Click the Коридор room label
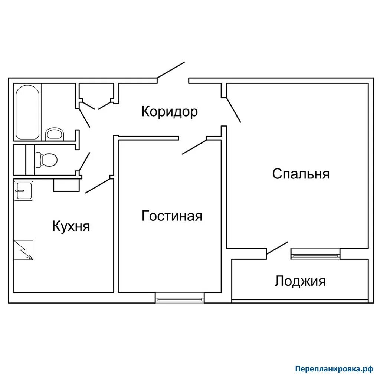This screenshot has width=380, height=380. pyautogui.click(x=169, y=112)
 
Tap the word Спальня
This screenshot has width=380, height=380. pyautogui.click(x=301, y=174)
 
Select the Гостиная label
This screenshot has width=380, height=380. pyautogui.click(x=172, y=216)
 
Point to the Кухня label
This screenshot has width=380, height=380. pyautogui.click(x=71, y=226)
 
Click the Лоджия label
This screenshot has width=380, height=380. pyautogui.click(x=300, y=281)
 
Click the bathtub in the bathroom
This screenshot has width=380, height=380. pyautogui.click(x=28, y=112)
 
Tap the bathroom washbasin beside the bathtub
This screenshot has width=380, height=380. pyautogui.click(x=55, y=134)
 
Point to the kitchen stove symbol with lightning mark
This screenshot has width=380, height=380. pyautogui.click(x=24, y=250)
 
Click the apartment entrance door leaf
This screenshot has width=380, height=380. pyautogui.click(x=171, y=70)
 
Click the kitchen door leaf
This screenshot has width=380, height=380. pyautogui.click(x=98, y=186)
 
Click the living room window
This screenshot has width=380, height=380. pyautogui.click(x=180, y=297)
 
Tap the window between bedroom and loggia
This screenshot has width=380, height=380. pyautogui.click(x=315, y=253)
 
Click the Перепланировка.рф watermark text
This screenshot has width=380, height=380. pyautogui.click(x=334, y=369)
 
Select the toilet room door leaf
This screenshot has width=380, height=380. pyautogui.click(x=85, y=162)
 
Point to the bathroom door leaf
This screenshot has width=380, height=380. pyautogui.click(x=85, y=116)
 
